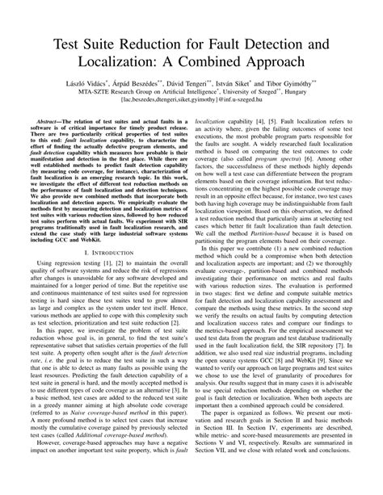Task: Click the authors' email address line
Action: (191, 102)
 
